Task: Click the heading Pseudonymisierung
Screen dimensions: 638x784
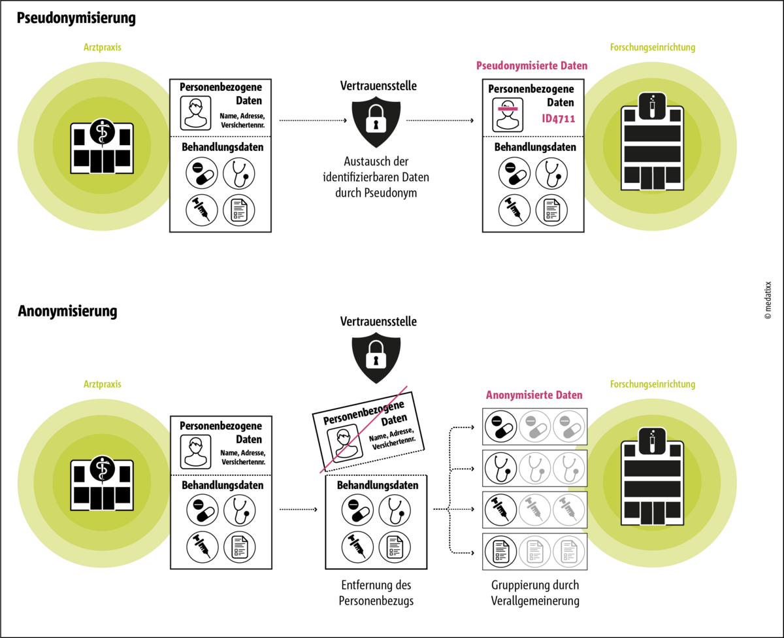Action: [76, 18]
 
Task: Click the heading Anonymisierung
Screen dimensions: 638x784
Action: [67, 311]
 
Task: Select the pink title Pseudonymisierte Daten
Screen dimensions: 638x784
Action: [532, 66]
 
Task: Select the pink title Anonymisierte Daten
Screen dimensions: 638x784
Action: [534, 395]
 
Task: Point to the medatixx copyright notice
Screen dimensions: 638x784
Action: [768, 300]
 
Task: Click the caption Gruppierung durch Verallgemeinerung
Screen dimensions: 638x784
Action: [534, 593]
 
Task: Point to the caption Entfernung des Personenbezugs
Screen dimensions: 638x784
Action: [376, 593]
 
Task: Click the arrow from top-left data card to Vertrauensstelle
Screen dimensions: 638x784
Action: [312, 121]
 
